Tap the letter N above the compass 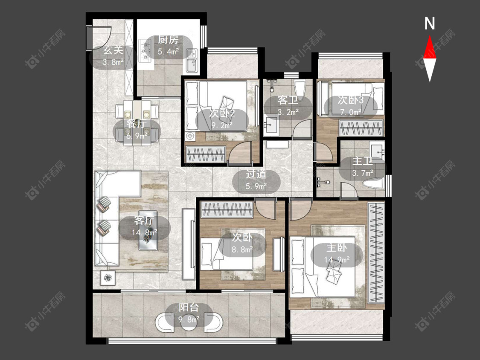tap(430, 23)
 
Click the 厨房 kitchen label tap(168, 40)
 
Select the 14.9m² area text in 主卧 tap(337, 260)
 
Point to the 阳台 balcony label tap(189, 308)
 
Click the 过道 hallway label tap(256, 174)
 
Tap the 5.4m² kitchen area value tap(168, 52)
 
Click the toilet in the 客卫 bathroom tap(300, 88)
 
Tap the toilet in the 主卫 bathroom tap(372, 183)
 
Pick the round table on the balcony tap(189, 322)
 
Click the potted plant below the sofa tap(108, 278)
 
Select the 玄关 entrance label tap(113, 50)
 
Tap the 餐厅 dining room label tap(137, 124)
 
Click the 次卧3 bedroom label tap(351, 100)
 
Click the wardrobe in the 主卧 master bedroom tap(376, 252)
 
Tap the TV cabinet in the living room tap(189, 244)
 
